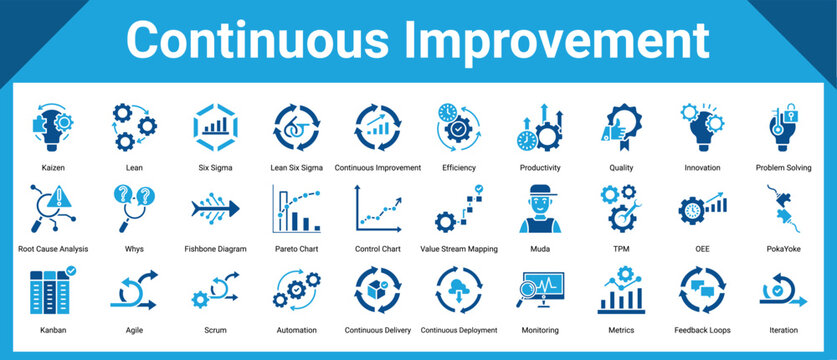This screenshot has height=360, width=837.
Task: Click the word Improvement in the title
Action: pos(557,40)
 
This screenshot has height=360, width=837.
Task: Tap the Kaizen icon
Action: pos(53,127)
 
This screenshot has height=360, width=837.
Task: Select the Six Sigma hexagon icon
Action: pos(215,127)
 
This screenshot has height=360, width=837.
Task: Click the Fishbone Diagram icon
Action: pos(215,208)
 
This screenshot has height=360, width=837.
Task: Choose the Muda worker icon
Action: pos(540,208)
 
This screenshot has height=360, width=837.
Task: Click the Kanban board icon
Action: pos(53,289)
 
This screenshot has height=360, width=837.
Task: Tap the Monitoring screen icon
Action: pos(540,291)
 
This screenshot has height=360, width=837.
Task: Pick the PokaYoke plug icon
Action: pos(783,208)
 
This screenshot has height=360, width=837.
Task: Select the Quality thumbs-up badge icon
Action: pos(620,128)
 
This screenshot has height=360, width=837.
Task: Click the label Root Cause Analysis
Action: pos(53,249)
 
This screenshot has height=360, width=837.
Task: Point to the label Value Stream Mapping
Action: pos(459,249)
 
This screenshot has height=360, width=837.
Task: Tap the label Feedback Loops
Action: pos(702,330)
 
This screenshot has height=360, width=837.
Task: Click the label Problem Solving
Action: pos(783,168)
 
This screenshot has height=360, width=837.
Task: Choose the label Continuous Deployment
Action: pos(459,330)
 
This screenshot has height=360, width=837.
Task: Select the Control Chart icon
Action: pos(378,208)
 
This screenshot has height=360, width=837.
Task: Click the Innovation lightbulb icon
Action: pos(702,127)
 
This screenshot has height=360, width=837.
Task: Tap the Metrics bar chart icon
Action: pos(621,290)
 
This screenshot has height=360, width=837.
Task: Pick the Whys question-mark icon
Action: pos(133,208)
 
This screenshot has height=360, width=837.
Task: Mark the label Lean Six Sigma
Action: pos(296,168)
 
